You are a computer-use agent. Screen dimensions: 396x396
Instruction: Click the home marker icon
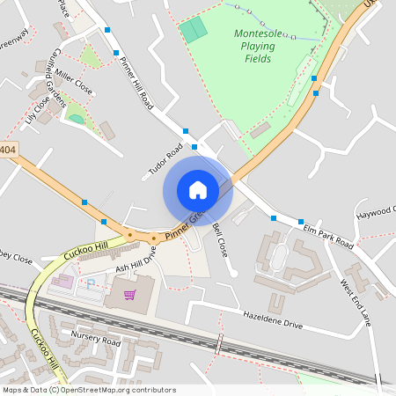198,190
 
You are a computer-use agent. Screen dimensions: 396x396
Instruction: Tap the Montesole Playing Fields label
259,46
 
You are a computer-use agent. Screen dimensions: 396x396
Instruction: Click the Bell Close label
220,238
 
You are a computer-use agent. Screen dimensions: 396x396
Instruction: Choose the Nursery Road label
98,340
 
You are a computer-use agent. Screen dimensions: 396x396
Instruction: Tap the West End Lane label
356,302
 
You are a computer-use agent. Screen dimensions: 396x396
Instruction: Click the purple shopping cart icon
130,294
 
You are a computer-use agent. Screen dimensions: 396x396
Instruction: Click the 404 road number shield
8,150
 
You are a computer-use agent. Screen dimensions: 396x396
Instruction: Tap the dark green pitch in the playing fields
194,31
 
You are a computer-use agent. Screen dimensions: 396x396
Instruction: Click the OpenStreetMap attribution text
89,390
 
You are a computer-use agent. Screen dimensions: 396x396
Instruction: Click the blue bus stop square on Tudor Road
186,132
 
